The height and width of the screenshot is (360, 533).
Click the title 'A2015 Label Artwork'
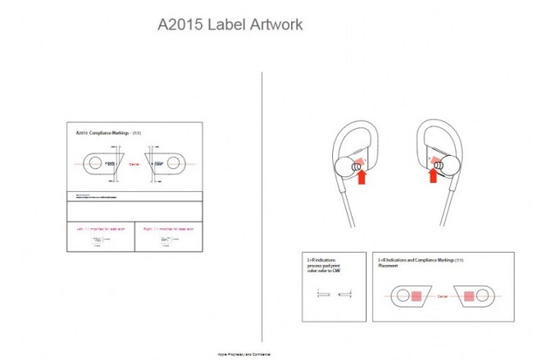coord(230,25)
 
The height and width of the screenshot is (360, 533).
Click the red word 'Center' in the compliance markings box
coord(134,163)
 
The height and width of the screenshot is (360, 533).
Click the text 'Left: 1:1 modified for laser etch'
coord(98,228)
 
